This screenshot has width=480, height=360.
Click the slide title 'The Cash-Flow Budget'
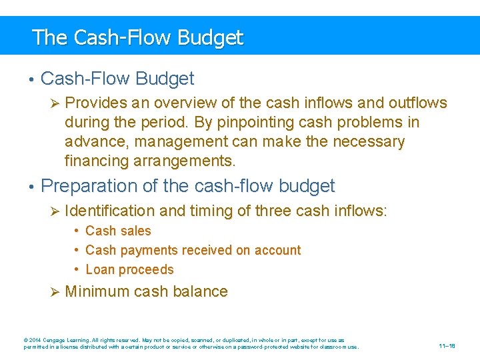pos(137,37)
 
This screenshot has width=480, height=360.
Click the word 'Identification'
pos(111,211)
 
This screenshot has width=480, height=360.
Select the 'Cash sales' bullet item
pos(118,231)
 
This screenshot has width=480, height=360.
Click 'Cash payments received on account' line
pos(193,251)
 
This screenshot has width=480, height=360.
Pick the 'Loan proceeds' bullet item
pos(129,270)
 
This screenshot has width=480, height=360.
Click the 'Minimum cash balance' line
pos(147,291)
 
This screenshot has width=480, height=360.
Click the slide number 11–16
pos(447,347)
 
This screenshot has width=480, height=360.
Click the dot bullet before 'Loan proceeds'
pos(78,270)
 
